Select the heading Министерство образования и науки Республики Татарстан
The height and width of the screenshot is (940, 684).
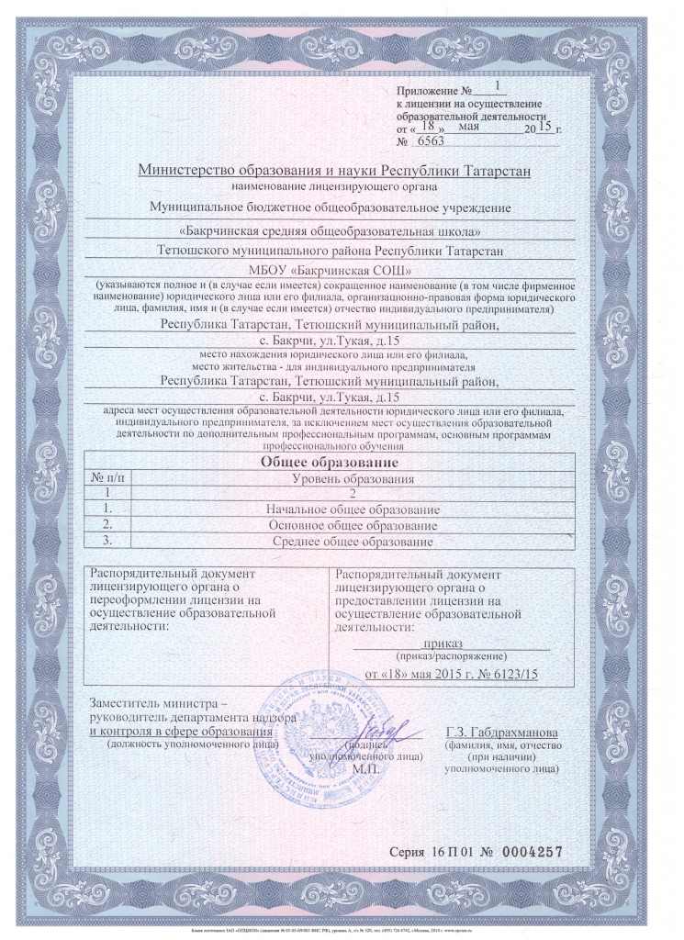[333, 170]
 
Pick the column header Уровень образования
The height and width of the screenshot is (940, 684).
[353, 479]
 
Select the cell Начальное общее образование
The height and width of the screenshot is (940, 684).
[353, 509]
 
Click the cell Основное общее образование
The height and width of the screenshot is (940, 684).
[353, 525]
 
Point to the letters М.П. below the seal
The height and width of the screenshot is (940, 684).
[364, 768]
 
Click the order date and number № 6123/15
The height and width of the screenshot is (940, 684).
[451, 675]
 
